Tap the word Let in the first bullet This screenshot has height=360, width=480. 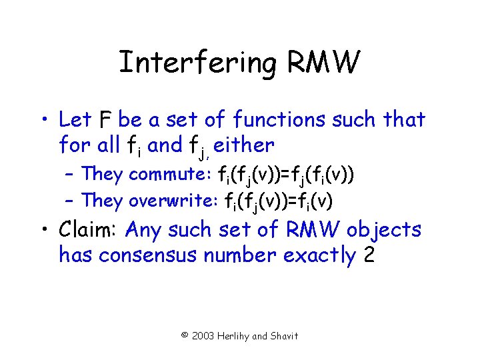pyautogui.click(x=75, y=120)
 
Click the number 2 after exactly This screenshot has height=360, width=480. pyautogui.click(x=369, y=255)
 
